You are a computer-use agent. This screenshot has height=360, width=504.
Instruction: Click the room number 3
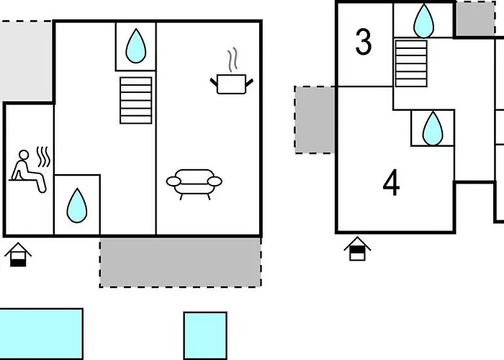point(364,42)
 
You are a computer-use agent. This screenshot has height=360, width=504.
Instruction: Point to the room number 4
point(391,184)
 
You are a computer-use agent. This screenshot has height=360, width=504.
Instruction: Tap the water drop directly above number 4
point(432,128)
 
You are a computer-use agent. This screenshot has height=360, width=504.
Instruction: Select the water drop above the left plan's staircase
point(135,46)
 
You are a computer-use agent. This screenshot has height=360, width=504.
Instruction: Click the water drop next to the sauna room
point(76,205)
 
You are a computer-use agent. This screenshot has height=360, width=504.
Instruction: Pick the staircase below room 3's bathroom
point(411,63)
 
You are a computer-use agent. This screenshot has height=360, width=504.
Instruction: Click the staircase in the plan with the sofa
point(136,100)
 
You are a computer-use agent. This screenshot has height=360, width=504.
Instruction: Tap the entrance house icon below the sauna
point(19,254)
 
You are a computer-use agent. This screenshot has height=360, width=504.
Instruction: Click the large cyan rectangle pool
point(40,334)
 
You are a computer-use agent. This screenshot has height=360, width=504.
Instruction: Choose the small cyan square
point(205,335)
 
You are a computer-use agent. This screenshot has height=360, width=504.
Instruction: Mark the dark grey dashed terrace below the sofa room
point(180,261)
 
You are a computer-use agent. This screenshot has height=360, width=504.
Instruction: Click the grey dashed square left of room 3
point(315,120)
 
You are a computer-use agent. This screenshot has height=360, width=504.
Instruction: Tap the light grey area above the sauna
point(25,61)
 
